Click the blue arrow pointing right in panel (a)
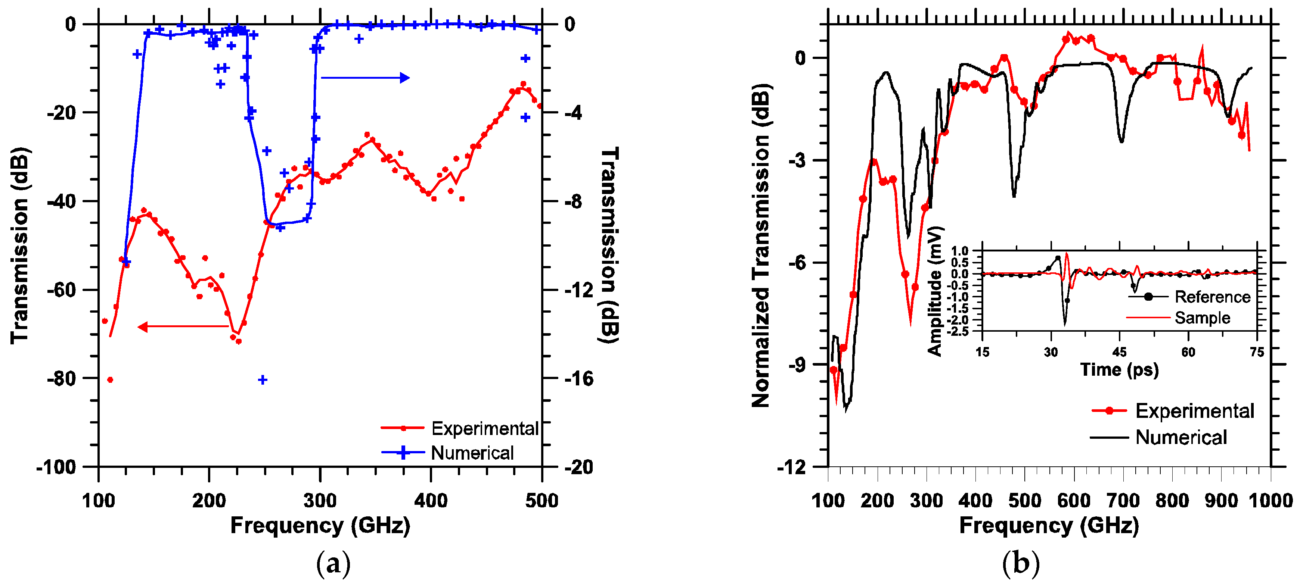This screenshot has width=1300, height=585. click(x=365, y=78)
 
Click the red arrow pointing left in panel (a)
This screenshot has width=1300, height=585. click(x=183, y=327)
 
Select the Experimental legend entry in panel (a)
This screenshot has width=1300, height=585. click(x=460, y=428)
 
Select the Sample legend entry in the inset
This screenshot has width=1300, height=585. click(x=1178, y=318)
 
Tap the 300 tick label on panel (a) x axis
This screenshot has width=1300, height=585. click(x=320, y=500)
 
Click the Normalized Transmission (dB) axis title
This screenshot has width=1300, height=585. click(x=761, y=245)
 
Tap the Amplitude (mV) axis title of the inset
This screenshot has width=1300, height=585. click(x=935, y=291)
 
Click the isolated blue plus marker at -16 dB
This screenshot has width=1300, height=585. click(x=263, y=380)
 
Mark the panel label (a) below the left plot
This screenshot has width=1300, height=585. click(x=333, y=564)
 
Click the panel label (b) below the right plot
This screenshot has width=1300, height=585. click(x=1020, y=564)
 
